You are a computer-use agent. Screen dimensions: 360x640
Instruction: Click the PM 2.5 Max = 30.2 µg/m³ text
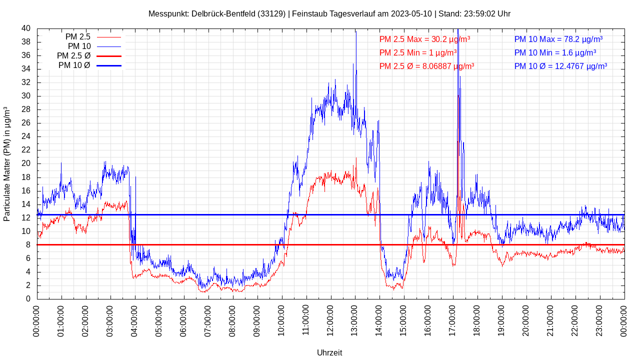click(x=424, y=39)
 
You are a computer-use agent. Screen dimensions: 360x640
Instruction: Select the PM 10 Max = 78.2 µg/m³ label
click(x=558, y=39)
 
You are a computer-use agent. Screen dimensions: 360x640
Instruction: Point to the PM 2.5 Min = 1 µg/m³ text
click(x=417, y=52)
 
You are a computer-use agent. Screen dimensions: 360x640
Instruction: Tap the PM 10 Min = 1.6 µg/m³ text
click(x=555, y=52)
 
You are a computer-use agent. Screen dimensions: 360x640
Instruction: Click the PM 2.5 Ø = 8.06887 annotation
click(x=426, y=66)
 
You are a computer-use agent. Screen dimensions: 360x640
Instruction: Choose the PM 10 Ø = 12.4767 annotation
click(x=560, y=66)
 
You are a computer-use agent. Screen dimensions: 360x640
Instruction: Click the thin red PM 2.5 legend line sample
click(x=109, y=37)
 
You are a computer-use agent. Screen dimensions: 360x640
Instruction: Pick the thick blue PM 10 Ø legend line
click(x=109, y=65)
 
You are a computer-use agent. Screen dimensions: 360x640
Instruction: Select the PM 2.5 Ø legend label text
click(x=73, y=55)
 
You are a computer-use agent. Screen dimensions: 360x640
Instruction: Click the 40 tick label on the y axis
click(x=26, y=28)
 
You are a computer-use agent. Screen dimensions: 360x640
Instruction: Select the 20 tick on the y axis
click(x=26, y=163)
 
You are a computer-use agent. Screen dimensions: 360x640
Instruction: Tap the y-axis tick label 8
click(x=28, y=245)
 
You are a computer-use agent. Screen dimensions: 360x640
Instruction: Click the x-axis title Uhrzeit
click(x=329, y=352)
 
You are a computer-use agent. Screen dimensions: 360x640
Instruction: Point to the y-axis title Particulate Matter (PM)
click(x=7, y=164)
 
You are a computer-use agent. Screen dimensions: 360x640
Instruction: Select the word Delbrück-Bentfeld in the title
click(x=223, y=13)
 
